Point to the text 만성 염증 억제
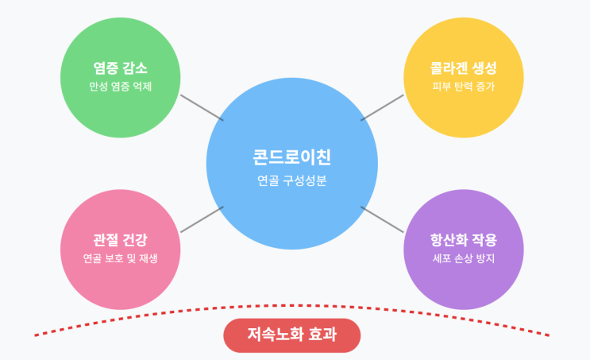[121, 87]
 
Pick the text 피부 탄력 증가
[464, 87]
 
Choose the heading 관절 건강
[121, 240]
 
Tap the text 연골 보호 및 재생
[121, 259]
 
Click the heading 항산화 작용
[464, 240]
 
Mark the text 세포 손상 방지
[464, 259]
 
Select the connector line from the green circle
[202, 107]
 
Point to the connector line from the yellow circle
[383, 107]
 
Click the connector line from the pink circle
[202, 219]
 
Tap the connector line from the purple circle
[383, 219]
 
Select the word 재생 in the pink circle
[148, 259]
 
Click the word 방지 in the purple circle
[484, 259]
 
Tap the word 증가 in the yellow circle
[484, 87]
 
